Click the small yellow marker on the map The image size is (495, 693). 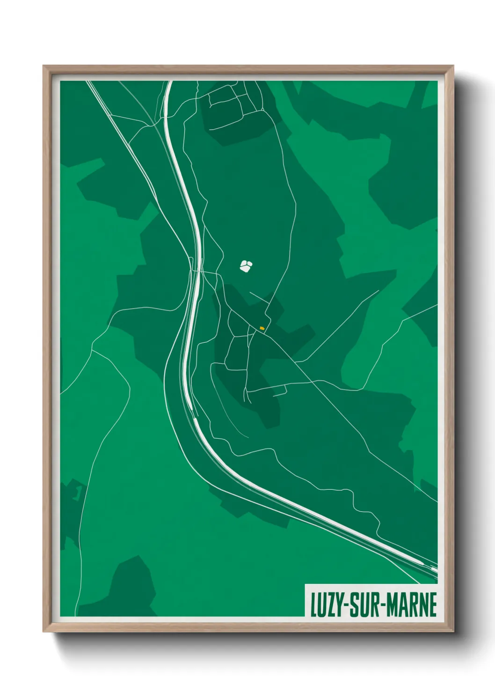coord(262,328)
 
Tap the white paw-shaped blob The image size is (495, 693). coord(246,266)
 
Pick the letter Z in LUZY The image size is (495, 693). coord(330,605)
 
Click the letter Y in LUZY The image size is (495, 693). coord(338,605)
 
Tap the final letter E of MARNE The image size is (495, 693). coord(433,605)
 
